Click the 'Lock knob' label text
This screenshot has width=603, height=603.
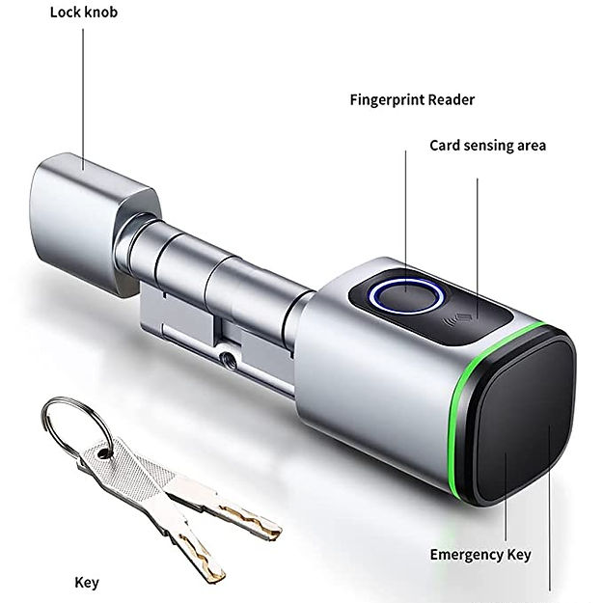(x=84, y=13)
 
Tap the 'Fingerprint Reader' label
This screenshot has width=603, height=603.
(x=412, y=100)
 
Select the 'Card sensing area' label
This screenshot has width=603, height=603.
(x=487, y=146)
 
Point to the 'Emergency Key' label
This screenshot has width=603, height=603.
(x=480, y=555)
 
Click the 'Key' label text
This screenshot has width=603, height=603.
(x=87, y=582)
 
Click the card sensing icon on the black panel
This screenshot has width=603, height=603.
(x=458, y=318)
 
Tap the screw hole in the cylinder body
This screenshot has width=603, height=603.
(x=226, y=357)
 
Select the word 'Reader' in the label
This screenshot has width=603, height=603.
(x=452, y=100)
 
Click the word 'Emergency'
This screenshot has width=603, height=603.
(x=465, y=555)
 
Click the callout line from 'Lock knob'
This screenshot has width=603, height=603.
(x=83, y=98)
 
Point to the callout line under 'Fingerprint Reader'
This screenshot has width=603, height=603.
(x=405, y=221)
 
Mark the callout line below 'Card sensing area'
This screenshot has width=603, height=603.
(x=478, y=248)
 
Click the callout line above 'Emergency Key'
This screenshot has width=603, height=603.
(x=506, y=497)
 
